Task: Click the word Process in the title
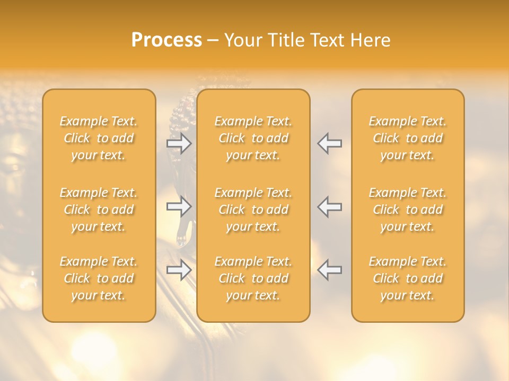pyautogui.click(x=166, y=40)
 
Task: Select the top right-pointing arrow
pyautogui.click(x=179, y=143)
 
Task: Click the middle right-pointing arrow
pyautogui.click(x=179, y=206)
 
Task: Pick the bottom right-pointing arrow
pyautogui.click(x=179, y=270)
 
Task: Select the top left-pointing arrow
pyautogui.click(x=330, y=143)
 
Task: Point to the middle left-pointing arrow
pyautogui.click(x=330, y=206)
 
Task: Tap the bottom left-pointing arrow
pyautogui.click(x=330, y=270)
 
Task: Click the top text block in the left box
pyautogui.click(x=99, y=138)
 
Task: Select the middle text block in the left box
pyautogui.click(x=99, y=210)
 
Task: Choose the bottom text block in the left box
pyautogui.click(x=99, y=278)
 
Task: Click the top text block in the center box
pyautogui.click(x=253, y=138)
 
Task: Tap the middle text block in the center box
pyautogui.click(x=253, y=210)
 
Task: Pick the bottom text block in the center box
pyautogui.click(x=253, y=278)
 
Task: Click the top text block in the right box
pyautogui.click(x=408, y=138)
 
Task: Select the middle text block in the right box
pyautogui.click(x=408, y=210)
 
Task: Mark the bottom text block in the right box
pyautogui.click(x=408, y=278)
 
